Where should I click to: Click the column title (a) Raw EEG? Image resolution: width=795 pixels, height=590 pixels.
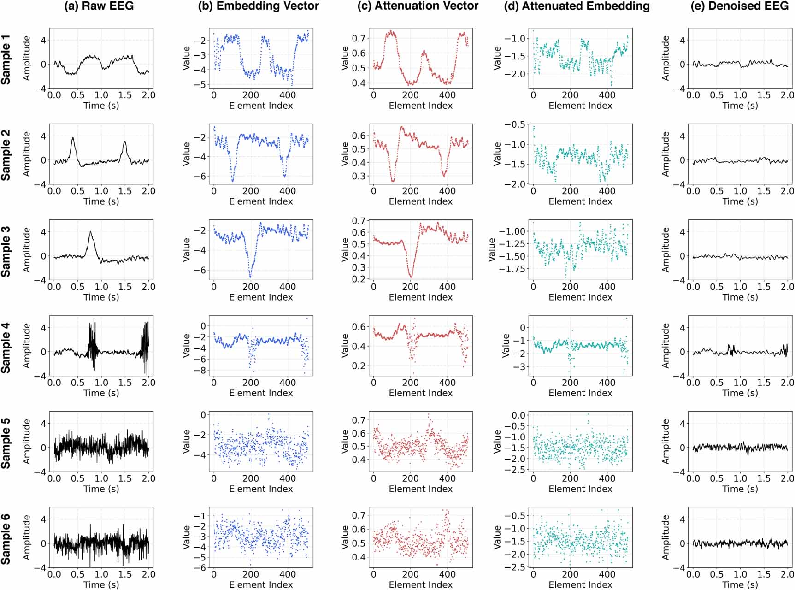[99, 6]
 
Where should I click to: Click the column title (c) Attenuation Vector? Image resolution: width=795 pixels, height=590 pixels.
[418, 6]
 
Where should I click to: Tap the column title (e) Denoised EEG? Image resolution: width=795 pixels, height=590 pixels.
[739, 6]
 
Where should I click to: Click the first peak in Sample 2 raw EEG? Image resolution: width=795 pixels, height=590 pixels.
[73, 138]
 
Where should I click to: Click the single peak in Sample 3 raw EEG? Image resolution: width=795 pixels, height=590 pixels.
[90, 232]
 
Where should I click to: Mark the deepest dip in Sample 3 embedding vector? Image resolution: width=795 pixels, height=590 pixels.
[250, 277]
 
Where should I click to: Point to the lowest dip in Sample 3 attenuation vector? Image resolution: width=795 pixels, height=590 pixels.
[410, 277]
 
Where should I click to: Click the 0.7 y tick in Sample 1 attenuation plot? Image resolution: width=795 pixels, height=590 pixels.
[359, 38]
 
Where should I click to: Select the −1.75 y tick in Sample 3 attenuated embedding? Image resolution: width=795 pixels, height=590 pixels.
[512, 269]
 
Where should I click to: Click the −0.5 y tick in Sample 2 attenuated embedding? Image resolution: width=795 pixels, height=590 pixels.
[515, 124]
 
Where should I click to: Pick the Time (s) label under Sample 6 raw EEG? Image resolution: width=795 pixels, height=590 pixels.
[101, 584]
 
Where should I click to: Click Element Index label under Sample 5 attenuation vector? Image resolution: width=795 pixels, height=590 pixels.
[420, 489]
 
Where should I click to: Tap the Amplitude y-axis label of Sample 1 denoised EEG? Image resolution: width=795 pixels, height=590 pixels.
[665, 58]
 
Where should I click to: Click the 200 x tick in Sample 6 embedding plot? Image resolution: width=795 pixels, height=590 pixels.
[250, 574]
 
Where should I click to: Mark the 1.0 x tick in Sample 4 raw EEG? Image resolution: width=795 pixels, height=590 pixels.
[101, 383]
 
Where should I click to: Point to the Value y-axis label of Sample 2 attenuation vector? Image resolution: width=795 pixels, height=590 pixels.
[345, 154]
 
